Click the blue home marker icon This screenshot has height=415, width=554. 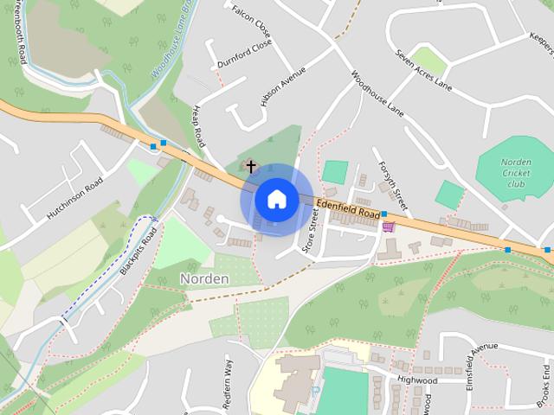pyautogui.click(x=276, y=200)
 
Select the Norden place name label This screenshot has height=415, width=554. pyautogui.click(x=204, y=278)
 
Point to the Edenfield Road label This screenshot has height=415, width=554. pyautogui.click(x=348, y=208)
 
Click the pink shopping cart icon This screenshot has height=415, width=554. pyautogui.click(x=389, y=227)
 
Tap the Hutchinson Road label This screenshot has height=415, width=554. pyautogui.click(x=75, y=198)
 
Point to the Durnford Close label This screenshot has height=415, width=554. pyautogui.click(x=245, y=53)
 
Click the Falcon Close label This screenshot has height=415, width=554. pyautogui.click(x=252, y=22)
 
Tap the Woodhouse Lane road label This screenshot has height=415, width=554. pyautogui.click(x=378, y=93)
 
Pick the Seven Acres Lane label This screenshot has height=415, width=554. pyautogui.click(x=424, y=71)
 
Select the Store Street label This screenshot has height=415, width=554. pyautogui.click(x=309, y=229)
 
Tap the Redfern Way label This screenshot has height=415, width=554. pyautogui.click(x=229, y=380)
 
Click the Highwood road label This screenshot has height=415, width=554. pyautogui.click(x=417, y=380)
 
